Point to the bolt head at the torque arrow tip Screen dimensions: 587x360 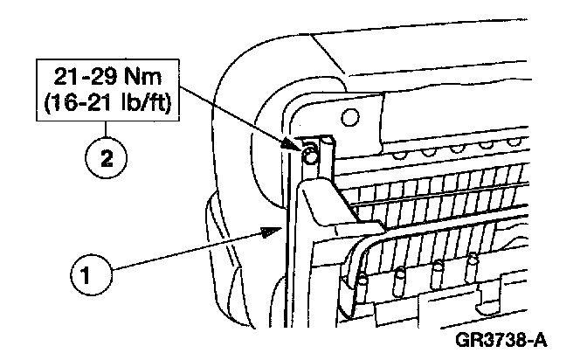click(x=308, y=156)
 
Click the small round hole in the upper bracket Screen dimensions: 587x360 click(x=350, y=116)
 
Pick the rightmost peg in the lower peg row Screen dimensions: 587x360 click(x=473, y=260)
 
